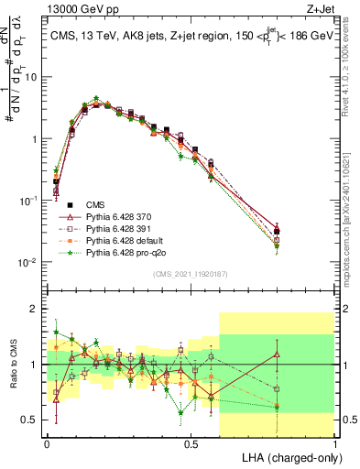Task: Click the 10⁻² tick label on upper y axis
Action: pos(29,263)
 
